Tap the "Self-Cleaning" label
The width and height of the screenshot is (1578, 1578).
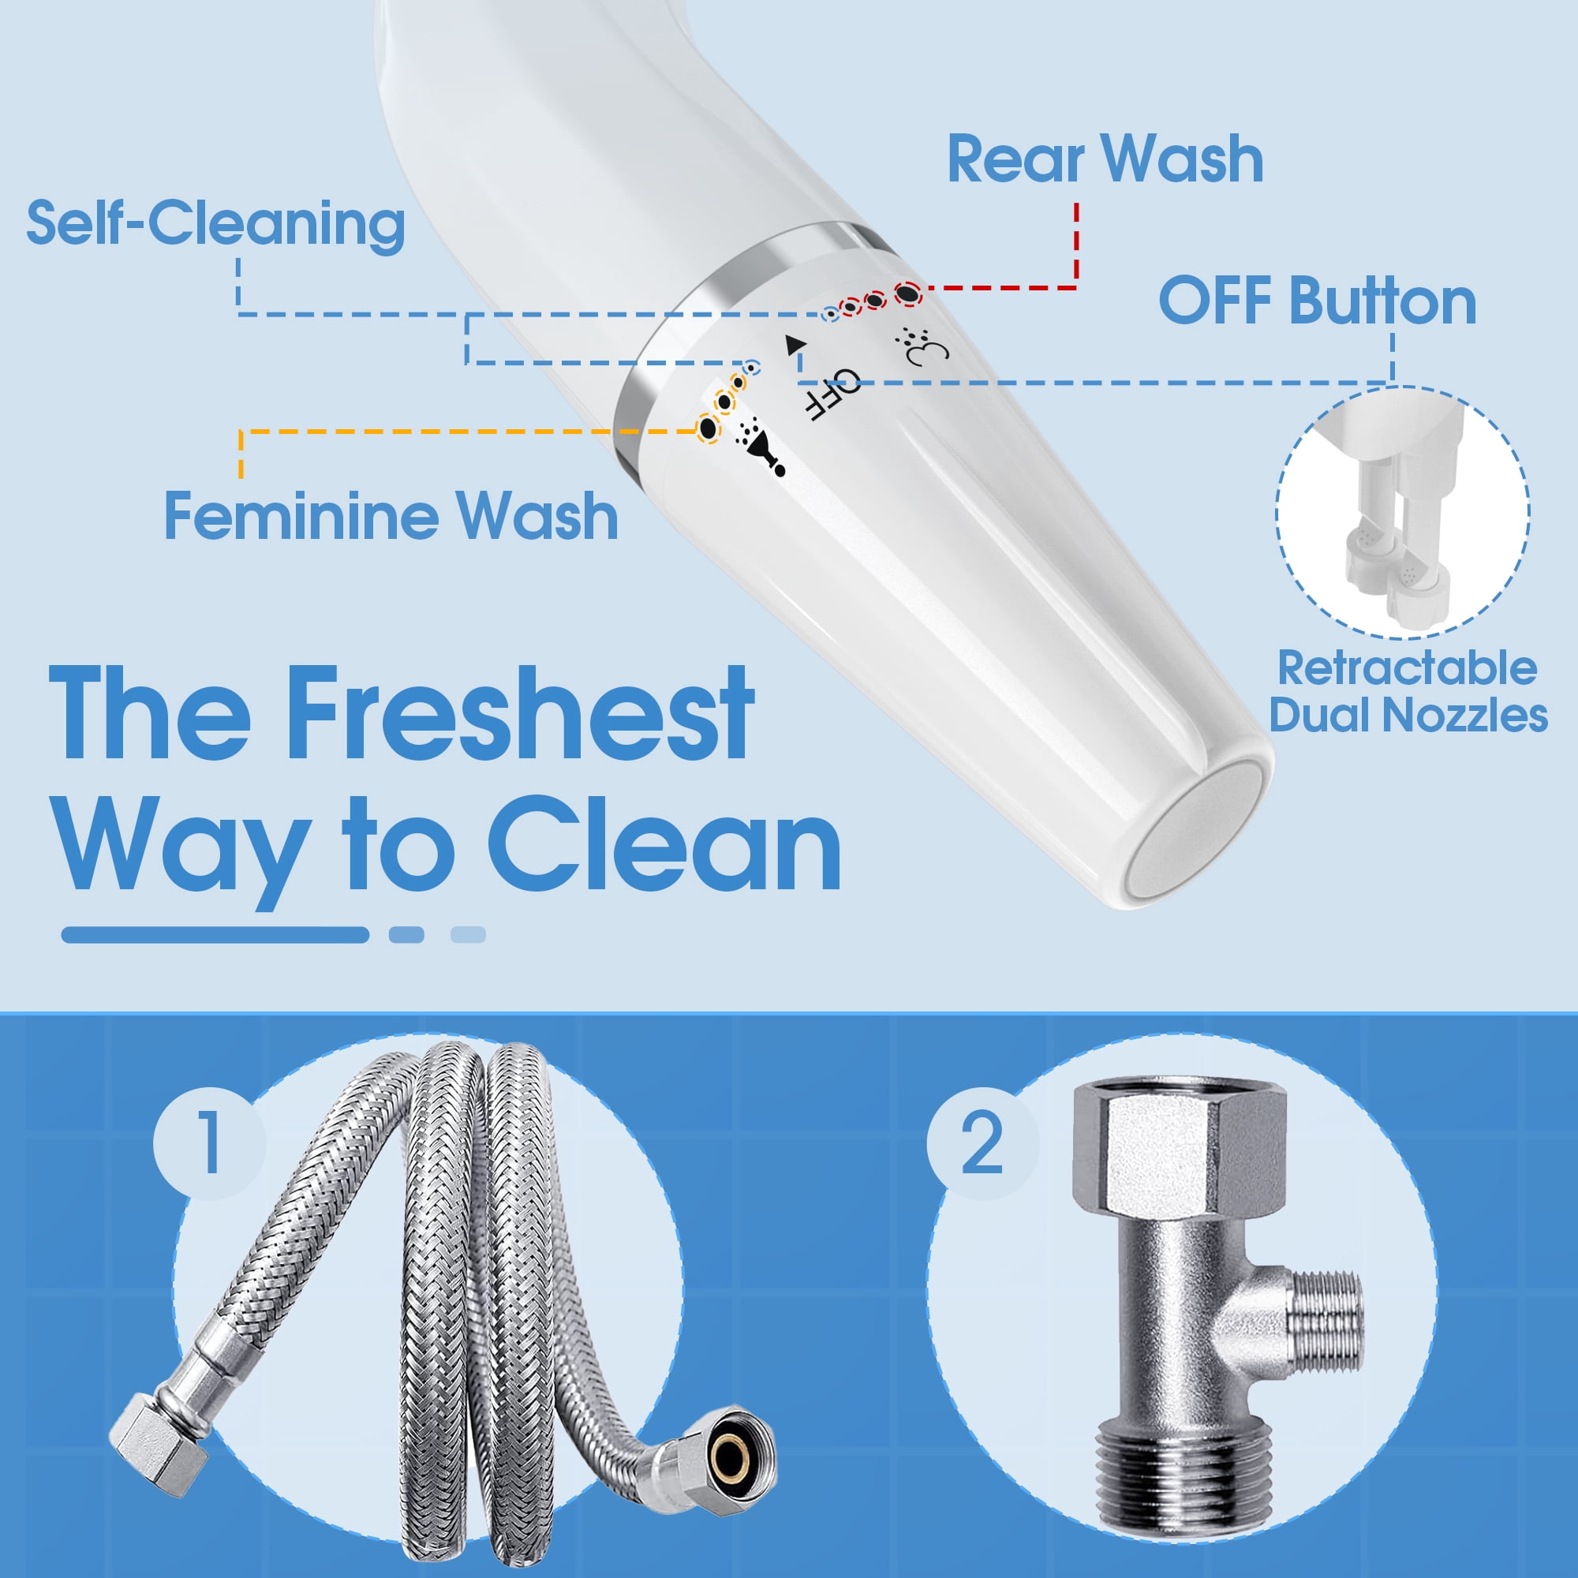point(215,223)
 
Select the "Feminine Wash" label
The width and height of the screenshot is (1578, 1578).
point(391,515)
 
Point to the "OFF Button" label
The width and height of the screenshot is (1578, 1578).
point(1318,301)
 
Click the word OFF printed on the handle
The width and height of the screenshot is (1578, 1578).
point(832,394)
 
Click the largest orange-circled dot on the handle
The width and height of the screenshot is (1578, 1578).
point(709,428)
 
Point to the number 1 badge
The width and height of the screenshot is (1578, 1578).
point(209,1142)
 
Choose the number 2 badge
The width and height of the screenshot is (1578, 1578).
point(982,1143)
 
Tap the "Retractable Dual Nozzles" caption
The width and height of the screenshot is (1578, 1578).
point(1408,691)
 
